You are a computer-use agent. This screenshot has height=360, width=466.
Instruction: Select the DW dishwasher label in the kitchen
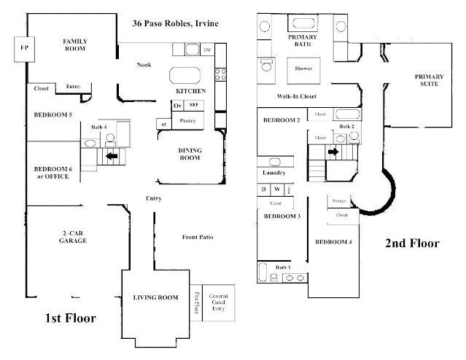click(208, 50)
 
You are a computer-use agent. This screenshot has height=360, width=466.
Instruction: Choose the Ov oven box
click(177, 106)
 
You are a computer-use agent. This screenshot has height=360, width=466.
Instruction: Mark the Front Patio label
click(196, 238)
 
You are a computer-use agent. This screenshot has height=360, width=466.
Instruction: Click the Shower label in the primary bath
click(303, 69)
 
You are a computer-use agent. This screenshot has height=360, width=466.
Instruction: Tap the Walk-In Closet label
click(296, 96)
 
